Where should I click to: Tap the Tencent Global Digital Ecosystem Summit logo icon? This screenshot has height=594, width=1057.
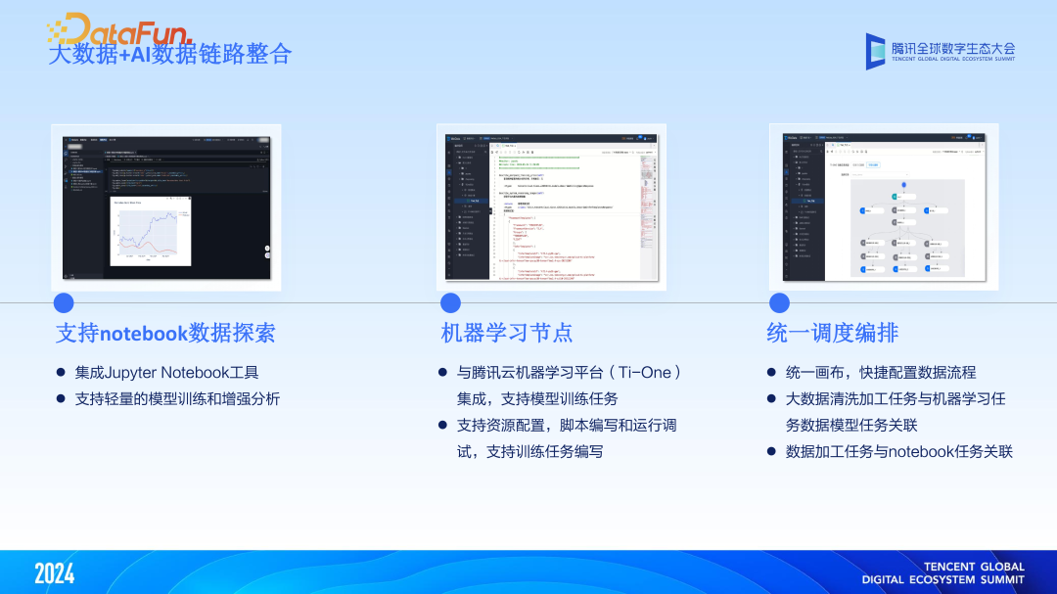click(x=876, y=51)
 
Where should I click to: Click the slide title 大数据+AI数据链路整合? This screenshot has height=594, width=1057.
click(x=169, y=54)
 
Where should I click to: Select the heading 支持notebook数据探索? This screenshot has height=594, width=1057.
click(x=165, y=333)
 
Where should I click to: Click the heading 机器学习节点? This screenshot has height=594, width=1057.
click(x=507, y=333)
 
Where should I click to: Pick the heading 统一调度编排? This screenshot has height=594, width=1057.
click(x=833, y=333)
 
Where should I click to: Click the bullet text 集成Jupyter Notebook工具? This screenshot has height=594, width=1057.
click(x=167, y=373)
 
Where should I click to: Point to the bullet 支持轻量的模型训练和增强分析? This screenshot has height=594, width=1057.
click(x=177, y=399)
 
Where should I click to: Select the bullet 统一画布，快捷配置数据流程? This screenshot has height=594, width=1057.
click(x=881, y=373)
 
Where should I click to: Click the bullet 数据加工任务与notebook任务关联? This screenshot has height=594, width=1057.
click(x=898, y=452)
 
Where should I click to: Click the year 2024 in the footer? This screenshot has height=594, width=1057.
click(x=55, y=573)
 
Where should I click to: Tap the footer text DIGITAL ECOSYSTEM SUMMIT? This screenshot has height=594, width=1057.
click(x=943, y=579)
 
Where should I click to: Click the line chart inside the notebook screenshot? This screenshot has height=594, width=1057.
click(x=149, y=229)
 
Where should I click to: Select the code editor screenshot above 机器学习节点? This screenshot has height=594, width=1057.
click(x=551, y=206)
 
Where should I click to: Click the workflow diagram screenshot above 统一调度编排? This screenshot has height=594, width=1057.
click(x=884, y=206)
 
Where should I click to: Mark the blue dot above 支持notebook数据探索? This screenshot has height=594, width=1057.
click(x=64, y=303)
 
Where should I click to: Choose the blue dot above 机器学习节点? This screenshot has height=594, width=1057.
click(x=450, y=303)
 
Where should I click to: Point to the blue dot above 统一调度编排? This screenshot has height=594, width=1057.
click(x=779, y=303)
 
